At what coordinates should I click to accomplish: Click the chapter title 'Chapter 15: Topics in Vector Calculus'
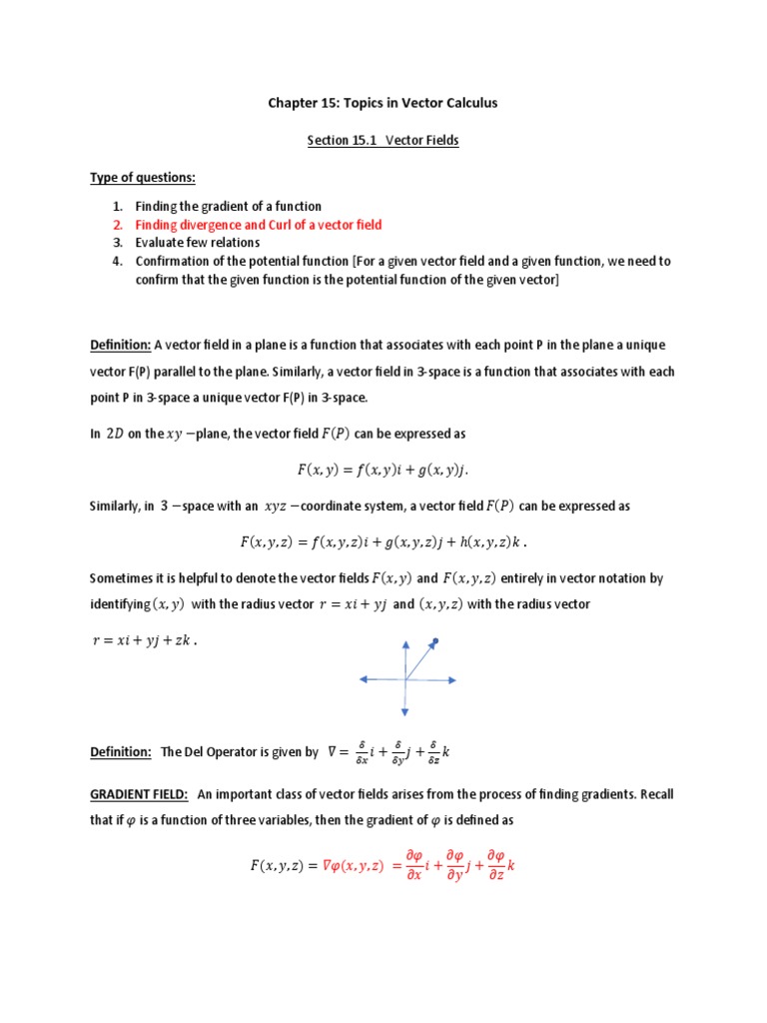click(383, 103)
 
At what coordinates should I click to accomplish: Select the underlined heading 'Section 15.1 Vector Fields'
click(383, 141)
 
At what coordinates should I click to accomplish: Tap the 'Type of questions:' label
click(144, 178)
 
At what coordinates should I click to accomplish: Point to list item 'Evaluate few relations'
click(198, 243)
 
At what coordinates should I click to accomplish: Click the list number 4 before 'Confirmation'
click(116, 261)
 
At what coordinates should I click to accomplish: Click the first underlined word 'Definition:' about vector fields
click(120, 345)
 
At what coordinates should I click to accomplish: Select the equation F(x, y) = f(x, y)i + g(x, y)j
click(383, 469)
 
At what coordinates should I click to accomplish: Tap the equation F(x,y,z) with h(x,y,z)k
click(383, 542)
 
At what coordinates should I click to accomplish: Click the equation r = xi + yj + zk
click(144, 641)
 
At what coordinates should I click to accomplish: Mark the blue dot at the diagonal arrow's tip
click(435, 640)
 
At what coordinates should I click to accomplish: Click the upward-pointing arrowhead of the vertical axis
click(405, 644)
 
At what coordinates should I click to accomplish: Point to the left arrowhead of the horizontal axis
click(363, 680)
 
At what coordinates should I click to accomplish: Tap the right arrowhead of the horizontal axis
click(451, 680)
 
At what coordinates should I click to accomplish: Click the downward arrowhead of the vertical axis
click(405, 712)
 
